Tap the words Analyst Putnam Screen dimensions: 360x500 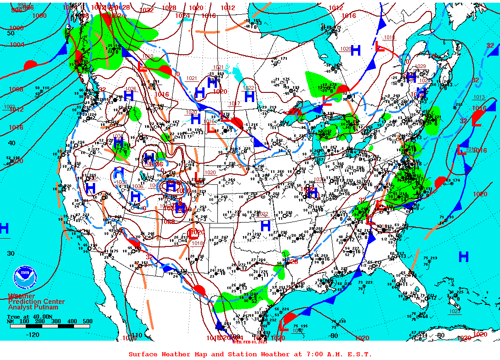(x=33, y=307)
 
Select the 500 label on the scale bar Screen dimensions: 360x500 (x=87, y=321)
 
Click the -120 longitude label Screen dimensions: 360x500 (x=33, y=335)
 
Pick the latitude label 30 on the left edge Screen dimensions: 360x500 (x=10, y=253)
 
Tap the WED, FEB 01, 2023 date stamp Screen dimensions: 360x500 (x=249, y=342)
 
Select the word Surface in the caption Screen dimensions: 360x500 (x=143, y=354)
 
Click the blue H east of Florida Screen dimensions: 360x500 (x=463, y=256)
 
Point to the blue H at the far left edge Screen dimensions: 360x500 (x=4, y=228)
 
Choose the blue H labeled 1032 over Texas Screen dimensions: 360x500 (x=265, y=226)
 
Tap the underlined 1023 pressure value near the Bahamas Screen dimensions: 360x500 (x=455, y=312)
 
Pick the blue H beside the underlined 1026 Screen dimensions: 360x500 (x=128, y=96)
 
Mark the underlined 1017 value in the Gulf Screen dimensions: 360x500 (x=298, y=331)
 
